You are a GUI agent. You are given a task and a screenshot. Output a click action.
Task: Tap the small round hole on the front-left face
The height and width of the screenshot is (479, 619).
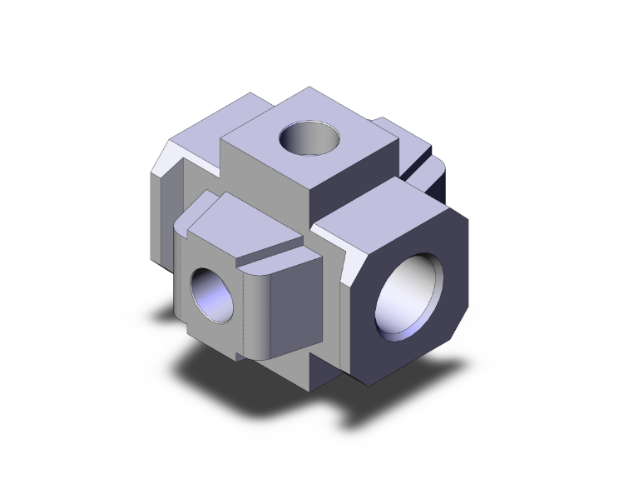point(210,294)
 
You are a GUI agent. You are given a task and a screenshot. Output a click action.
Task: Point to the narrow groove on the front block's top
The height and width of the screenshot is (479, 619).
point(275,251)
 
